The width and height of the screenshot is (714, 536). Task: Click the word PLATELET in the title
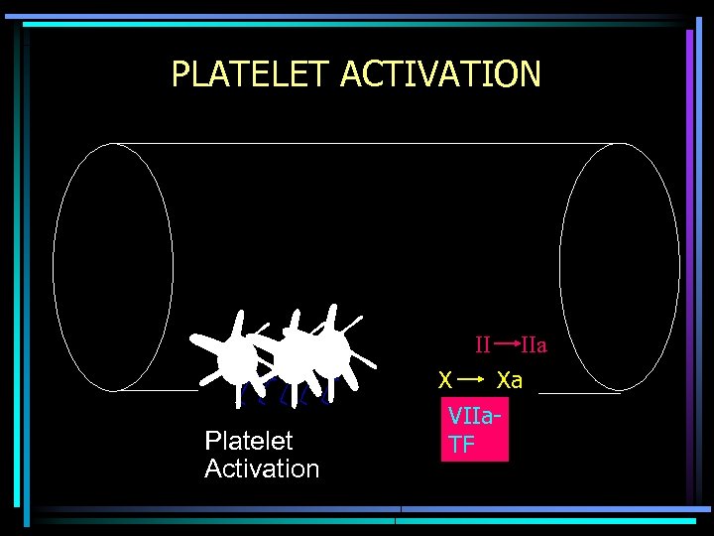pos(251,74)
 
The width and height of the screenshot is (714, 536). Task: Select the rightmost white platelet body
pos(332,349)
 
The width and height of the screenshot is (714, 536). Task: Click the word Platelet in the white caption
pos(248,441)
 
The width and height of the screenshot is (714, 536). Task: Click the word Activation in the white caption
pos(262,469)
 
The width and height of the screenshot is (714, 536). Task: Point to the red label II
pos(482,346)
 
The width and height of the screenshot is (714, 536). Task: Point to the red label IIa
pos(535,346)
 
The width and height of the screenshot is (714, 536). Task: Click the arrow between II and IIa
pos(506,344)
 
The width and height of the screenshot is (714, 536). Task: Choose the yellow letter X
pos(446,380)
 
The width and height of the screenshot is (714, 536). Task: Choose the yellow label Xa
pos(510,380)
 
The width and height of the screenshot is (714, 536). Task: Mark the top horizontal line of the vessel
pos(367,144)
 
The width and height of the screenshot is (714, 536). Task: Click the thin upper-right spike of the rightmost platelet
pos(352,323)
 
